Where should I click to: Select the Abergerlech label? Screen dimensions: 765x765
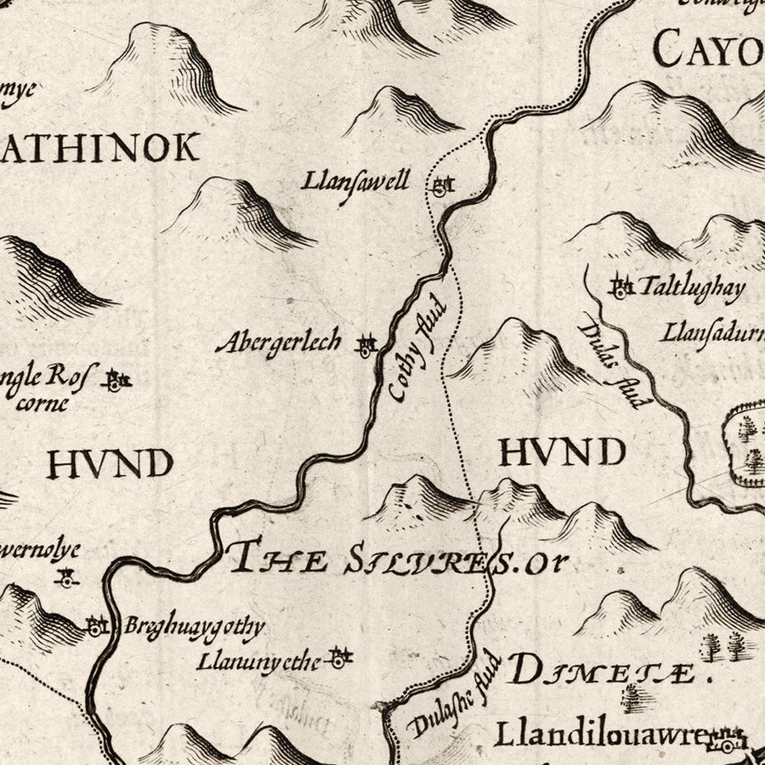[278, 343]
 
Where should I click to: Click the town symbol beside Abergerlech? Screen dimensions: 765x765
[366, 345]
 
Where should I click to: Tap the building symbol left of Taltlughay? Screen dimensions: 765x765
[621, 288]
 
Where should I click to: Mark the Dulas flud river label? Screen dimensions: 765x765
[610, 361]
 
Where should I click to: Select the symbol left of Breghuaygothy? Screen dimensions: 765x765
[96, 626]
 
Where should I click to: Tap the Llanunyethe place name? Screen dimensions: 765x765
[259, 660]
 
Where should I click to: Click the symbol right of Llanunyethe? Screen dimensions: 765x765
[339, 657]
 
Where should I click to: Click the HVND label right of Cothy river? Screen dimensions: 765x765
[562, 452]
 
